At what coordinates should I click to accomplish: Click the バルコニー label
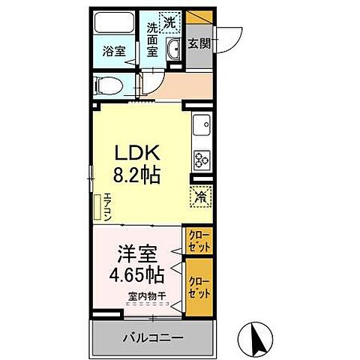[x=152, y=337]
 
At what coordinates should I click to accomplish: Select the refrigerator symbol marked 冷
[x=202, y=197]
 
